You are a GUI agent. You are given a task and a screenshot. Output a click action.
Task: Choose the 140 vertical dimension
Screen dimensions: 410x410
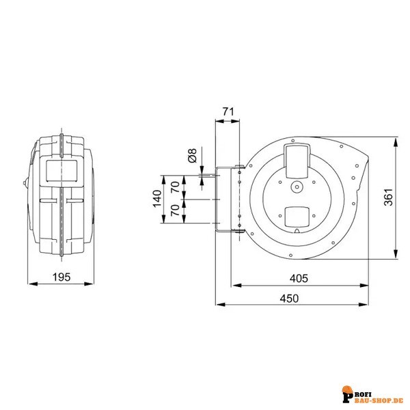(156, 200)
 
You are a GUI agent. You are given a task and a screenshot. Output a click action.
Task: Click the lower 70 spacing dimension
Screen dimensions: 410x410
(175, 213)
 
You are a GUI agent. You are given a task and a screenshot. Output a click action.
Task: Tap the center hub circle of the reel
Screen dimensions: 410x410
(297, 187)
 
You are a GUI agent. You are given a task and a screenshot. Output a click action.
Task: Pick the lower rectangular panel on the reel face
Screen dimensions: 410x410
(298, 217)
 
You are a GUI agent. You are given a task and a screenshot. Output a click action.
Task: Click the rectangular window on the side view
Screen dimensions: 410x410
(61, 169)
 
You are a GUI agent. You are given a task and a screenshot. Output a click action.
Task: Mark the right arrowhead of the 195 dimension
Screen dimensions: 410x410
(92, 282)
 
